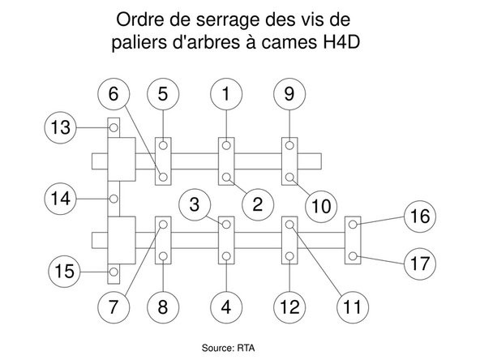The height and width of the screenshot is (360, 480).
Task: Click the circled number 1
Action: tap(226, 94)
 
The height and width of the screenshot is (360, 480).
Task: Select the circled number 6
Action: tap(114, 94)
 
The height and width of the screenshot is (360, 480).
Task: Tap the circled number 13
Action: tap(60, 127)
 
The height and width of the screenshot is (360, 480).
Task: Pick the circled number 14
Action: tap(60, 198)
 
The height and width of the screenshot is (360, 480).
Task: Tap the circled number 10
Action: tap(322, 206)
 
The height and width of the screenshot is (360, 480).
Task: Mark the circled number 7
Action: tap(114, 307)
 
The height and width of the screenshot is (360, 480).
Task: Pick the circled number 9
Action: tap(289, 94)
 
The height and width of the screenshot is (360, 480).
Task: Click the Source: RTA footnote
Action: tap(228, 348)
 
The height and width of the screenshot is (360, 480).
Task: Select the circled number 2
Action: tap(257, 204)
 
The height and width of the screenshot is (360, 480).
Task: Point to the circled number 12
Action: tap(289, 307)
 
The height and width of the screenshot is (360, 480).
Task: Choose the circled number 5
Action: tap(163, 94)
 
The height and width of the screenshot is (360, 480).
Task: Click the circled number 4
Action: tap(226, 307)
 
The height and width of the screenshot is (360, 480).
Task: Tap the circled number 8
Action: tap(163, 307)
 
